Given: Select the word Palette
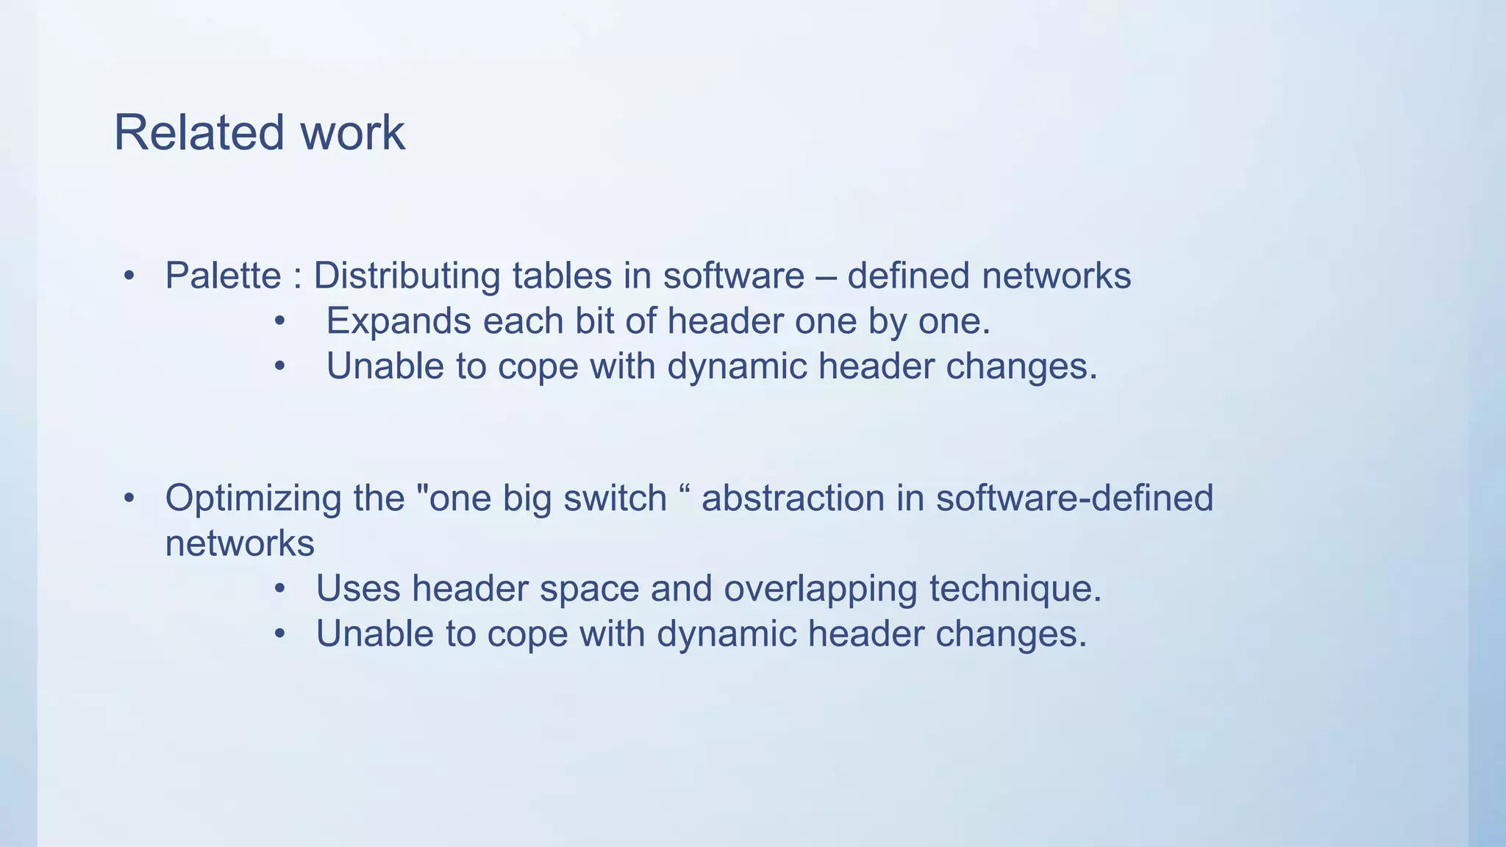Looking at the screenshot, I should tap(223, 276).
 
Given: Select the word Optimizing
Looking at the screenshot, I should tap(253, 498).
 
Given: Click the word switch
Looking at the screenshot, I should tap(615, 498).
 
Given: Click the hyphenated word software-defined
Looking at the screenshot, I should tap(1074, 498).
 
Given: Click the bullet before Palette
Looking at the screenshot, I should tap(129, 276).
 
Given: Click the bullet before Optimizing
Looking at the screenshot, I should tap(129, 498).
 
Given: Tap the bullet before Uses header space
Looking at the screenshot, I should tap(279, 589).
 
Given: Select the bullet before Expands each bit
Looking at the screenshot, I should tap(279, 321).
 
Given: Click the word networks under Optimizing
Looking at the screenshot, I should tap(240, 544).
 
